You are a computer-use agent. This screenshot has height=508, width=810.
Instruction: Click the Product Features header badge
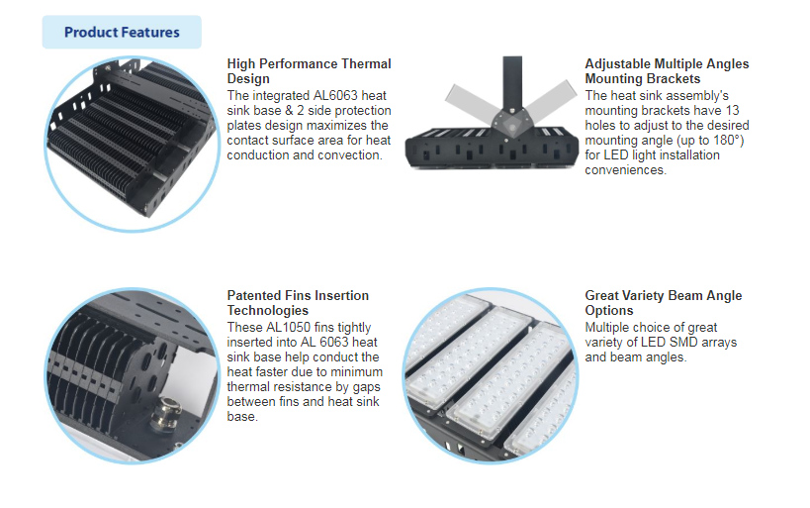click(122, 32)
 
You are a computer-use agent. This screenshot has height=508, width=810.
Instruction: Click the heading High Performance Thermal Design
click(309, 70)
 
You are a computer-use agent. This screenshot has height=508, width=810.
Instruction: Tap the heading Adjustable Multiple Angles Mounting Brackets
click(667, 70)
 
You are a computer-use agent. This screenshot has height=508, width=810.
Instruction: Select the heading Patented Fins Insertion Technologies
click(298, 302)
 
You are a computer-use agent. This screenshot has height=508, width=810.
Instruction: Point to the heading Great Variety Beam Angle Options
click(663, 302)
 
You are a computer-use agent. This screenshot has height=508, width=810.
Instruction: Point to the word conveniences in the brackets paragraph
click(625, 170)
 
